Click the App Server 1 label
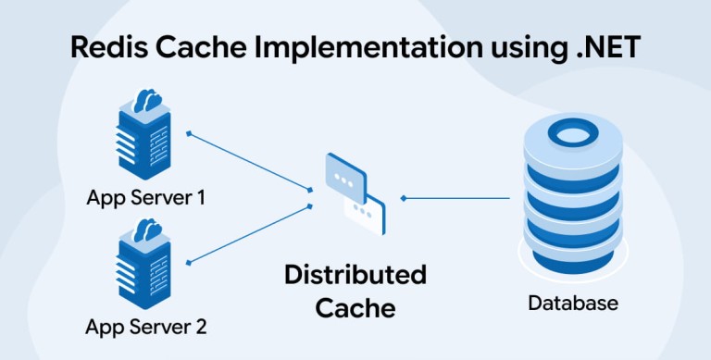coord(146,198)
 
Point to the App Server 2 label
coord(146,327)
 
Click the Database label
coord(573,303)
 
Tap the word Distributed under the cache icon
coord(355,275)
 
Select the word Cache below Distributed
coord(355,308)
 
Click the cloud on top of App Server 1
coord(148,100)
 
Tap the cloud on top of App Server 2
coord(148,230)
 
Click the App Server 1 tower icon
coord(143,135)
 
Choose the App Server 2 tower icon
coord(143,265)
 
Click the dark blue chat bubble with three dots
coord(346,179)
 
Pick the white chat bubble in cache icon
coord(365,214)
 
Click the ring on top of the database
coord(573,133)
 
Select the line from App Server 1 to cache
coord(249,161)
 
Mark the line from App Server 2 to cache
coord(249,234)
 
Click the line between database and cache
coord(455,198)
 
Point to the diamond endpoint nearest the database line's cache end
coord(403,198)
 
